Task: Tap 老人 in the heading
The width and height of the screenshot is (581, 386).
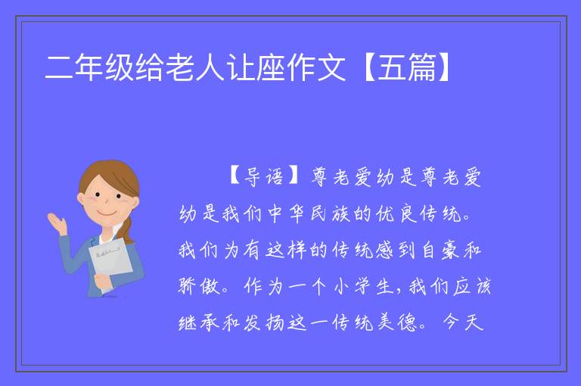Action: pyautogui.click(x=195, y=67)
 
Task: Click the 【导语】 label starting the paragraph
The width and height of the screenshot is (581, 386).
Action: pyautogui.click(x=265, y=176)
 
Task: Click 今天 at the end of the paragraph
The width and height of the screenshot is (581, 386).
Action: pyautogui.click(x=463, y=322)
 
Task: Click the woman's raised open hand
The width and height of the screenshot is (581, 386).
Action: pyautogui.click(x=57, y=223)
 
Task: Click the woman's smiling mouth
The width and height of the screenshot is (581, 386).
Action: pyautogui.click(x=107, y=213)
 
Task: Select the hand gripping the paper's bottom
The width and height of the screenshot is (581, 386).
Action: pyautogui.click(x=104, y=281)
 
